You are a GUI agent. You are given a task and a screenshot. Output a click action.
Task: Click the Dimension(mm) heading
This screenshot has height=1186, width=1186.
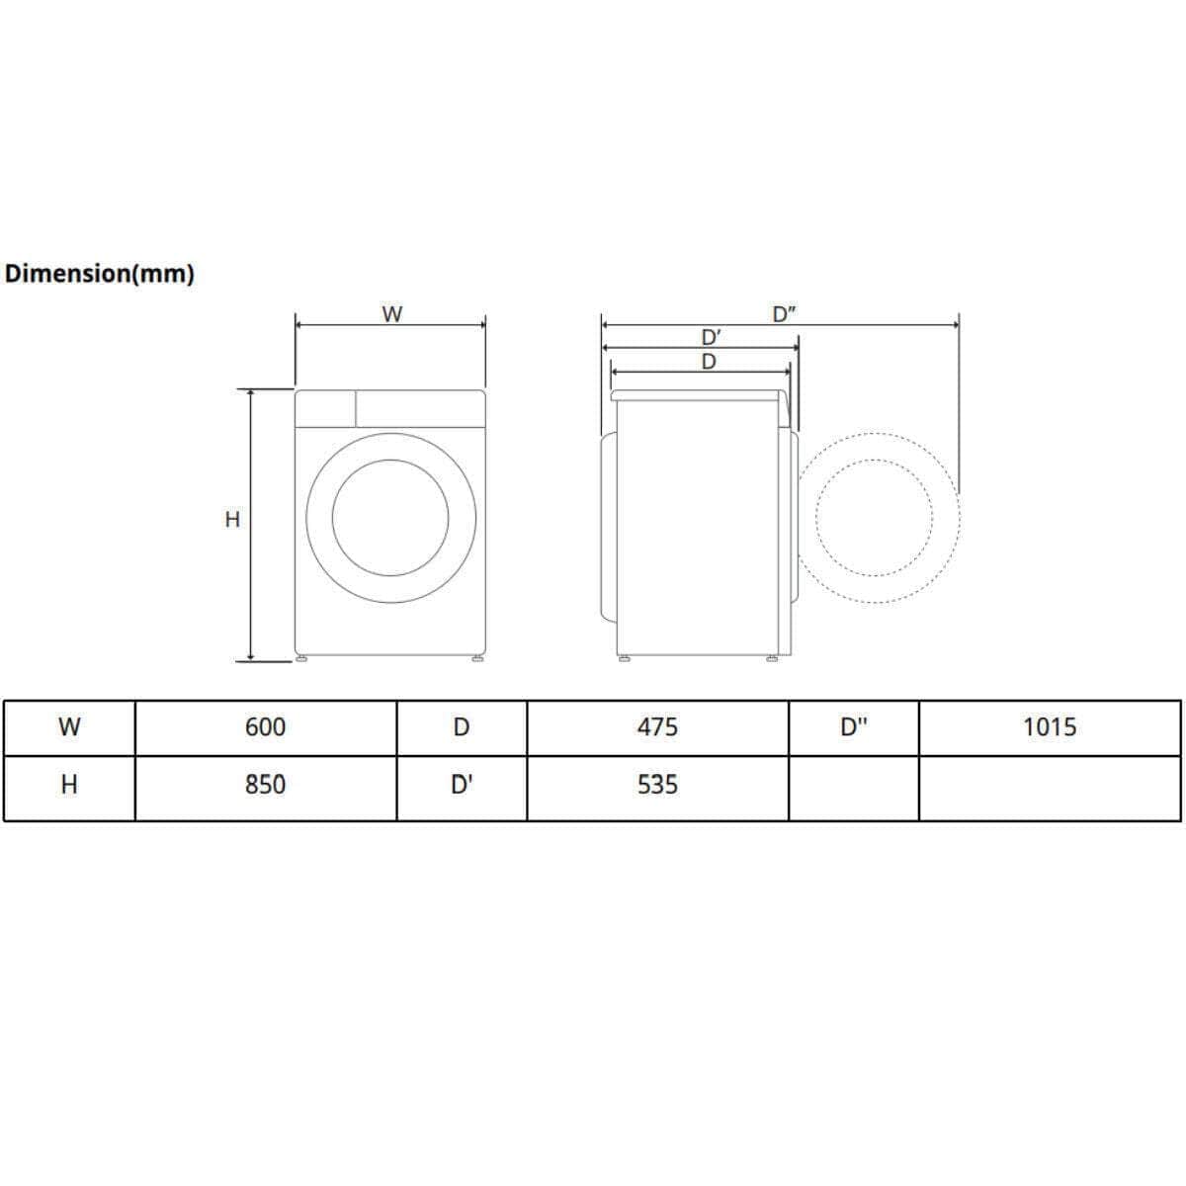[99, 274]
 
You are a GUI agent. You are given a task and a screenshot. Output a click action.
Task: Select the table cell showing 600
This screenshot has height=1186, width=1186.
[265, 727]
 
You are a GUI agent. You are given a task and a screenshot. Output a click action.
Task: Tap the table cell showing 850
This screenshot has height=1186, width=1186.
[265, 785]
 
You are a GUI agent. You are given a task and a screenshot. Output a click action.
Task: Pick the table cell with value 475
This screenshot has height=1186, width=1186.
[657, 727]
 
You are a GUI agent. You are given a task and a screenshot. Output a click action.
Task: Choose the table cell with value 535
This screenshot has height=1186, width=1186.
[657, 785]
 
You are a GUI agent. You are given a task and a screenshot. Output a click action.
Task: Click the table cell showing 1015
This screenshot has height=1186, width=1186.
[1050, 727]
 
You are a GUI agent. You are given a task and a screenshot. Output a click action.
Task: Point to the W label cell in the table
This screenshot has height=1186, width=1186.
[69, 727]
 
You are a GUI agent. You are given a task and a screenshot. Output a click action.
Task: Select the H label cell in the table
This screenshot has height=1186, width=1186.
[69, 785]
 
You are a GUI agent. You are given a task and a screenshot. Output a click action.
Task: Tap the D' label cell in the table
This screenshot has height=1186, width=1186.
[462, 785]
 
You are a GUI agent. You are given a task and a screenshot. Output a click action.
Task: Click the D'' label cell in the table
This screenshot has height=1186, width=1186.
[854, 727]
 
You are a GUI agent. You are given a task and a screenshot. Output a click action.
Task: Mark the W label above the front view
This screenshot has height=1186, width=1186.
[392, 314]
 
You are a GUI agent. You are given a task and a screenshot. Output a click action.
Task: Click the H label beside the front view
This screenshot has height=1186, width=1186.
[232, 519]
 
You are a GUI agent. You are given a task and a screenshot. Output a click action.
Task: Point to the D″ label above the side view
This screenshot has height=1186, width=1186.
[785, 314]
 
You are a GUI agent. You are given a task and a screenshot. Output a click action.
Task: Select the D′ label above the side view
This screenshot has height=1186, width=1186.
[710, 338]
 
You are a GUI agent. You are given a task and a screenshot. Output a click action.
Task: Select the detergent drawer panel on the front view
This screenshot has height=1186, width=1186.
[325, 408]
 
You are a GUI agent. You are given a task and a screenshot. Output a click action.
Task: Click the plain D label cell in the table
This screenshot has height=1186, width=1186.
[462, 727]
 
